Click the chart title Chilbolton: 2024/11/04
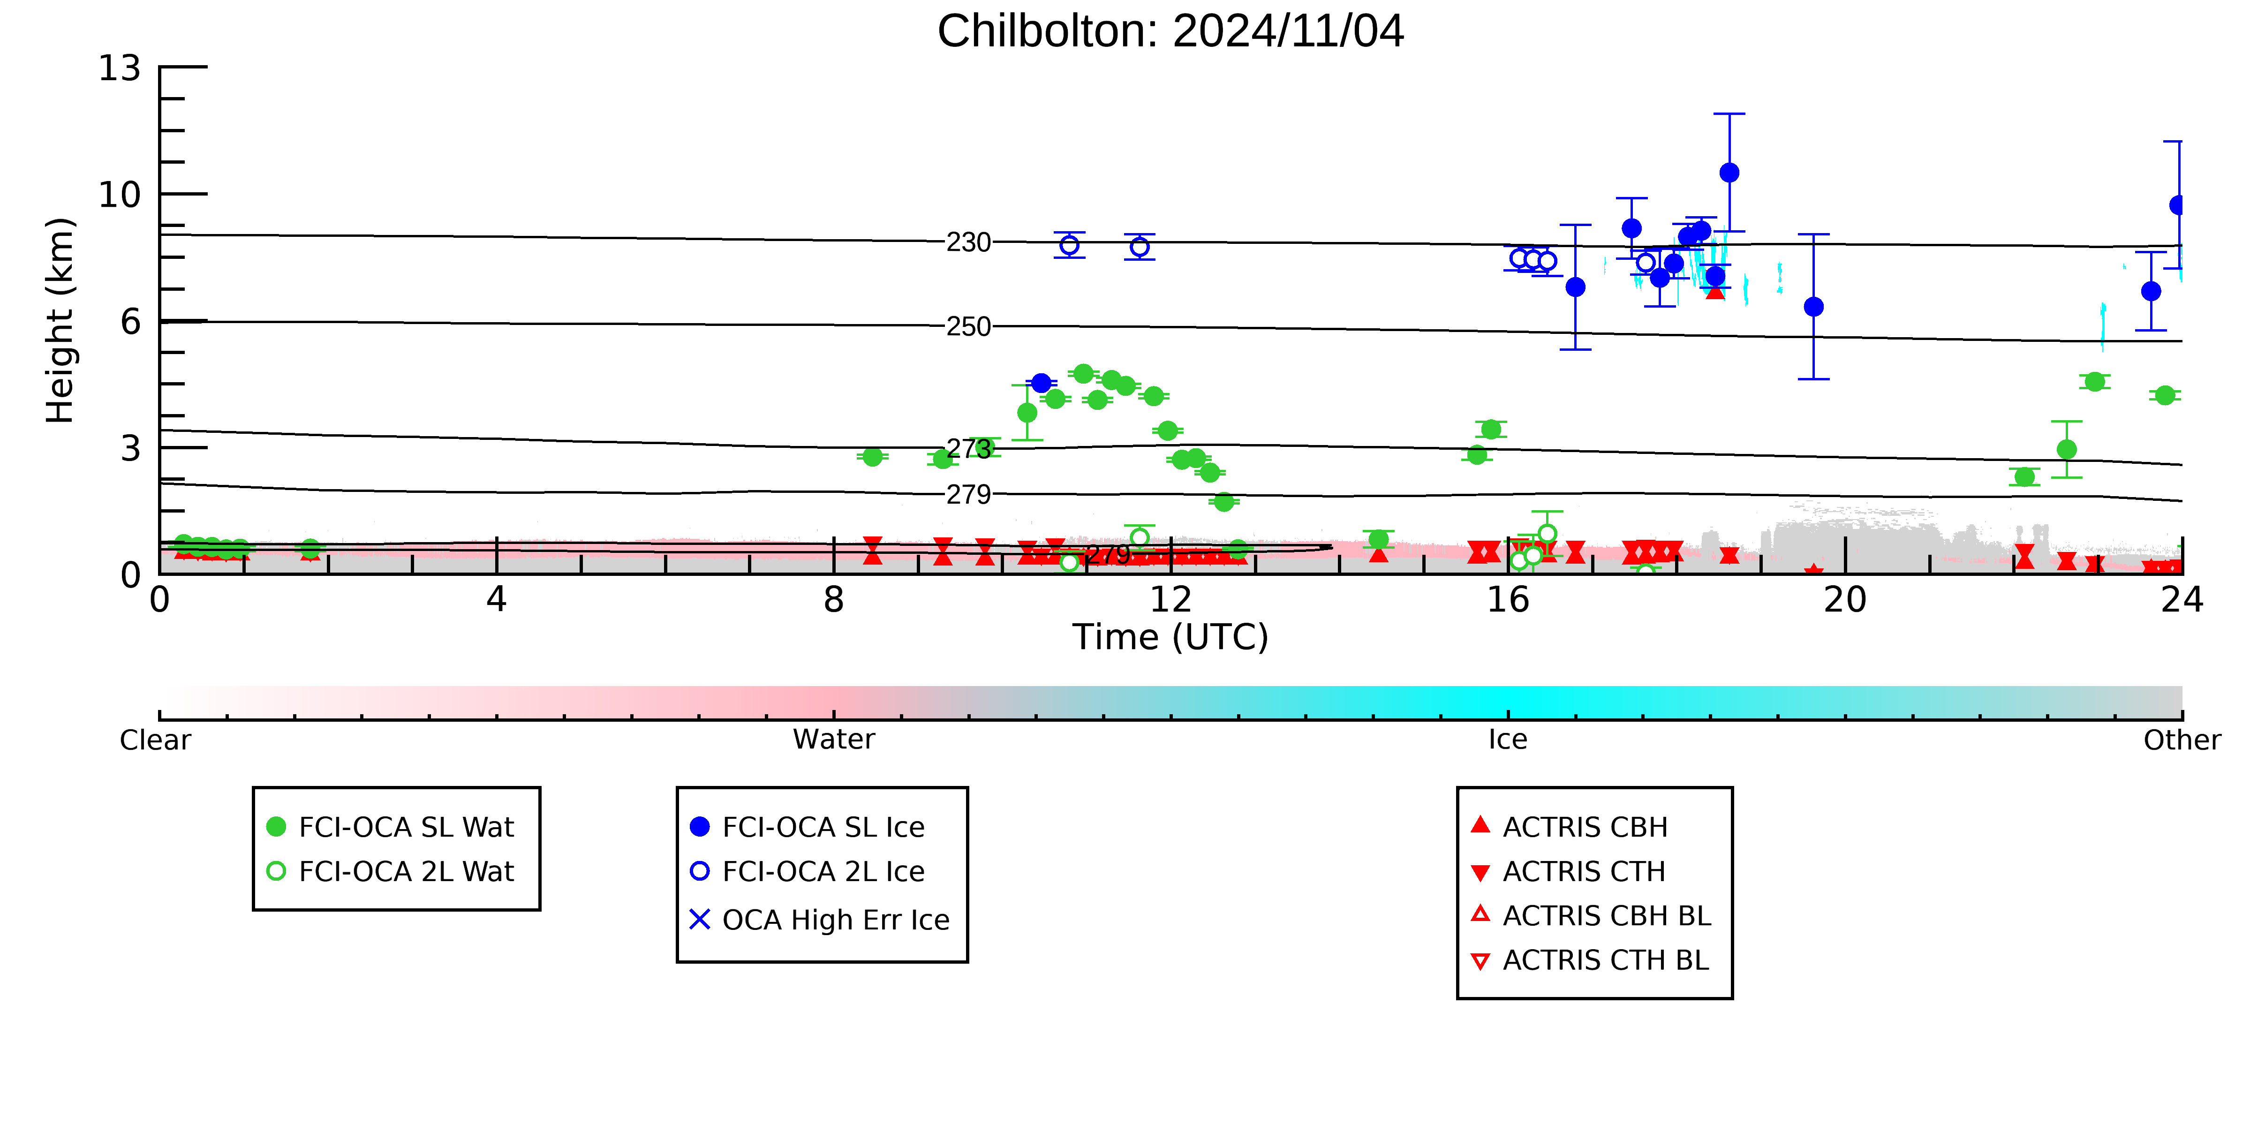pos(1170,31)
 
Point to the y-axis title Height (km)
pos(60,321)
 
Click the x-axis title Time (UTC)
pos(1170,638)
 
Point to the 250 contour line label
pos(969,327)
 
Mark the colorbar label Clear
pos(156,740)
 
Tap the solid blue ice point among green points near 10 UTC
pos(1041,384)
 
